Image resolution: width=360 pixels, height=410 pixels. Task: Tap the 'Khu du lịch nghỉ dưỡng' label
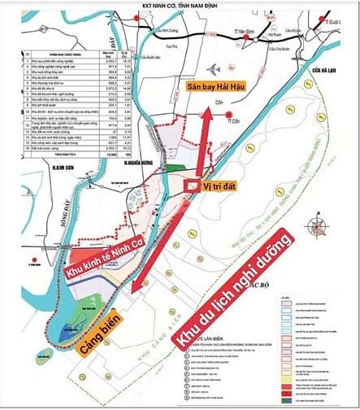[x=232, y=292]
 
